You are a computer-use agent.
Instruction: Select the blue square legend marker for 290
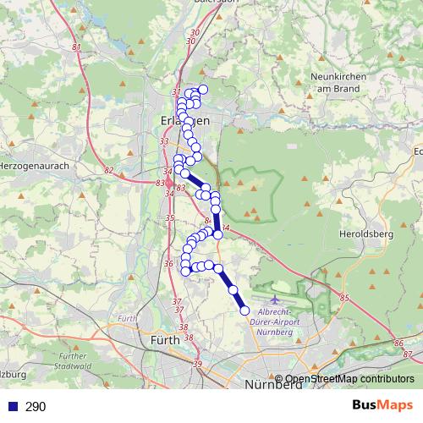13,407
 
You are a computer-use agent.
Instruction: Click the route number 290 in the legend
36,407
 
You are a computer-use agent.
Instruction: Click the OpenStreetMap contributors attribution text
349,379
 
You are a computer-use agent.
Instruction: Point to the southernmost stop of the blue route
245,310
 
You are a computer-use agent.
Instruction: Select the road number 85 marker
343,297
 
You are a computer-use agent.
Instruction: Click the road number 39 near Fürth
198,364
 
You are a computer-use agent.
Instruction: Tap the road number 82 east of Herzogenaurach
108,170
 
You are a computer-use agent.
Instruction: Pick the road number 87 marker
409,353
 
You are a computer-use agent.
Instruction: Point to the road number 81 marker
77,47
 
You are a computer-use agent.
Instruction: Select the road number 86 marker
398,343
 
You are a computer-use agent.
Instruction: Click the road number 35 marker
169,218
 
